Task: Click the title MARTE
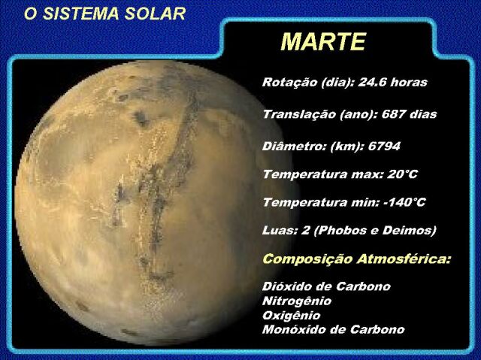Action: tap(323, 41)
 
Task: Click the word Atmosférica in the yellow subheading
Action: tap(404, 259)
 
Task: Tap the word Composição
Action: tap(307, 259)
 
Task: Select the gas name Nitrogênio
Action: tap(297, 301)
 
